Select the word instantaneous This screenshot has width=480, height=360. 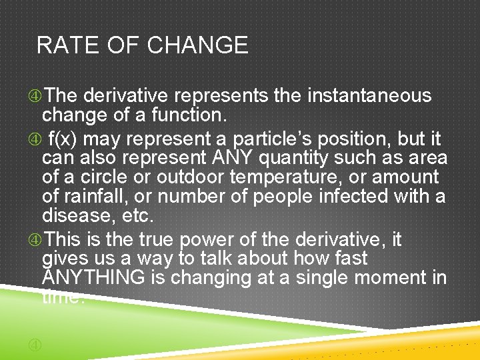369,96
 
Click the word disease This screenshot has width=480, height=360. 75,216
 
